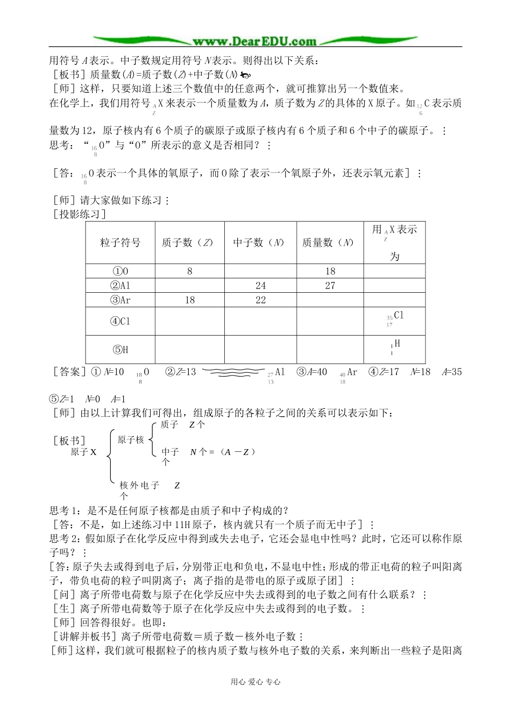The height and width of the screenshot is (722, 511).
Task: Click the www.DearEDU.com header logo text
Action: point(254,41)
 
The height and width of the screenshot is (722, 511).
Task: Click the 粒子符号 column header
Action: point(120,243)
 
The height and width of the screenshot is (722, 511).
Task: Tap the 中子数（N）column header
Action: point(260,243)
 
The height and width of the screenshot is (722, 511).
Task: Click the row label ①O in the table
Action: point(120,271)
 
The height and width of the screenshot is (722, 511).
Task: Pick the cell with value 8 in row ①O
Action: point(189,271)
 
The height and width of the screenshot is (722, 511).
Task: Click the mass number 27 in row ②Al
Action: point(330,286)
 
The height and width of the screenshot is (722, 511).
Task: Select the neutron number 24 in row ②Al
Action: point(260,286)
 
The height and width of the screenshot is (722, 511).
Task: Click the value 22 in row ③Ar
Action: point(260,300)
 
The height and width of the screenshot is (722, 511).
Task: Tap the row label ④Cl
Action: point(120,321)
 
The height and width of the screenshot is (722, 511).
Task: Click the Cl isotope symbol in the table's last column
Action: point(395,319)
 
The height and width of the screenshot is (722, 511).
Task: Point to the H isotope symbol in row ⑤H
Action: point(395,346)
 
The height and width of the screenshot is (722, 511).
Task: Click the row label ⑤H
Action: point(120,350)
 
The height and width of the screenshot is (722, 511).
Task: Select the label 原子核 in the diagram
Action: point(131,440)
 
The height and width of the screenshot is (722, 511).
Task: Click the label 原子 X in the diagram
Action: point(83,453)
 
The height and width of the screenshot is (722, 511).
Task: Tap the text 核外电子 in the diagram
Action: point(140,486)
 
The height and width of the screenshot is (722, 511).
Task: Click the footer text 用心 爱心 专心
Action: point(256,682)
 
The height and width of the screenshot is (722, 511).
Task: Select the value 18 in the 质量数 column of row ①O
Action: point(330,271)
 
